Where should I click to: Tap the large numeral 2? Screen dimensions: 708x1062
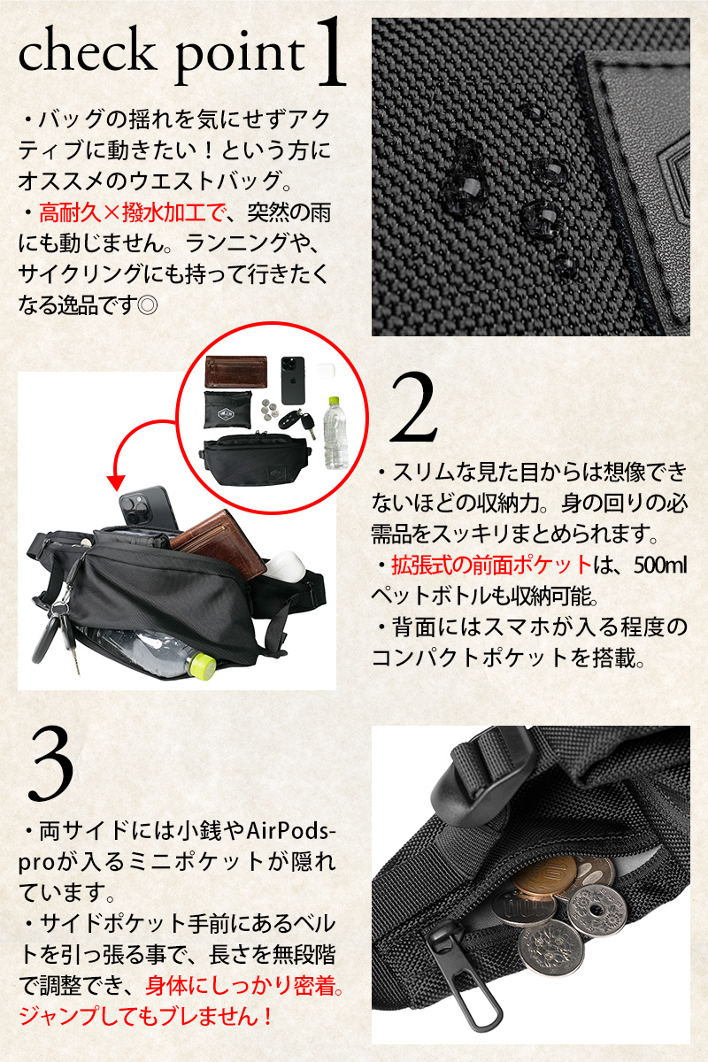(412, 407)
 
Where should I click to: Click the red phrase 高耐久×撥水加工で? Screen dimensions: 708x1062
(131, 213)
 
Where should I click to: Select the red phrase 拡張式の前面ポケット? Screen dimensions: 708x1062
(491, 566)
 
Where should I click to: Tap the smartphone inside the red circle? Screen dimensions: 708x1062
(293, 381)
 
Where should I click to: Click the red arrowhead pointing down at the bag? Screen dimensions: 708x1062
(116, 482)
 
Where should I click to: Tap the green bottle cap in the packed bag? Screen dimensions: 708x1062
(201, 662)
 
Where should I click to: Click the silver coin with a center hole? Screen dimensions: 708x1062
(597, 912)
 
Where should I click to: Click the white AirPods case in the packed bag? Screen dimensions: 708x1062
(288, 566)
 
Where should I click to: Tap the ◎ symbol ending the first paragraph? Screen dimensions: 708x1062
(147, 305)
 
